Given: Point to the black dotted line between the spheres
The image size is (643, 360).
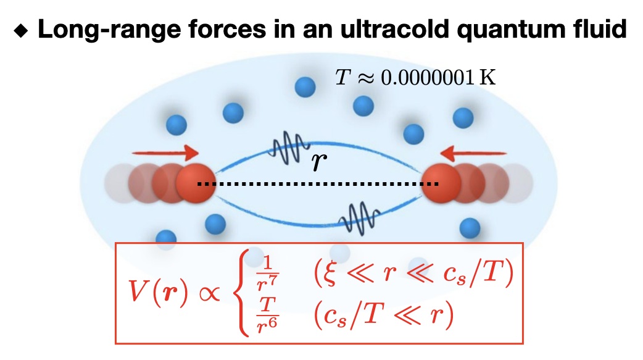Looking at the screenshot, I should (318, 184).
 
